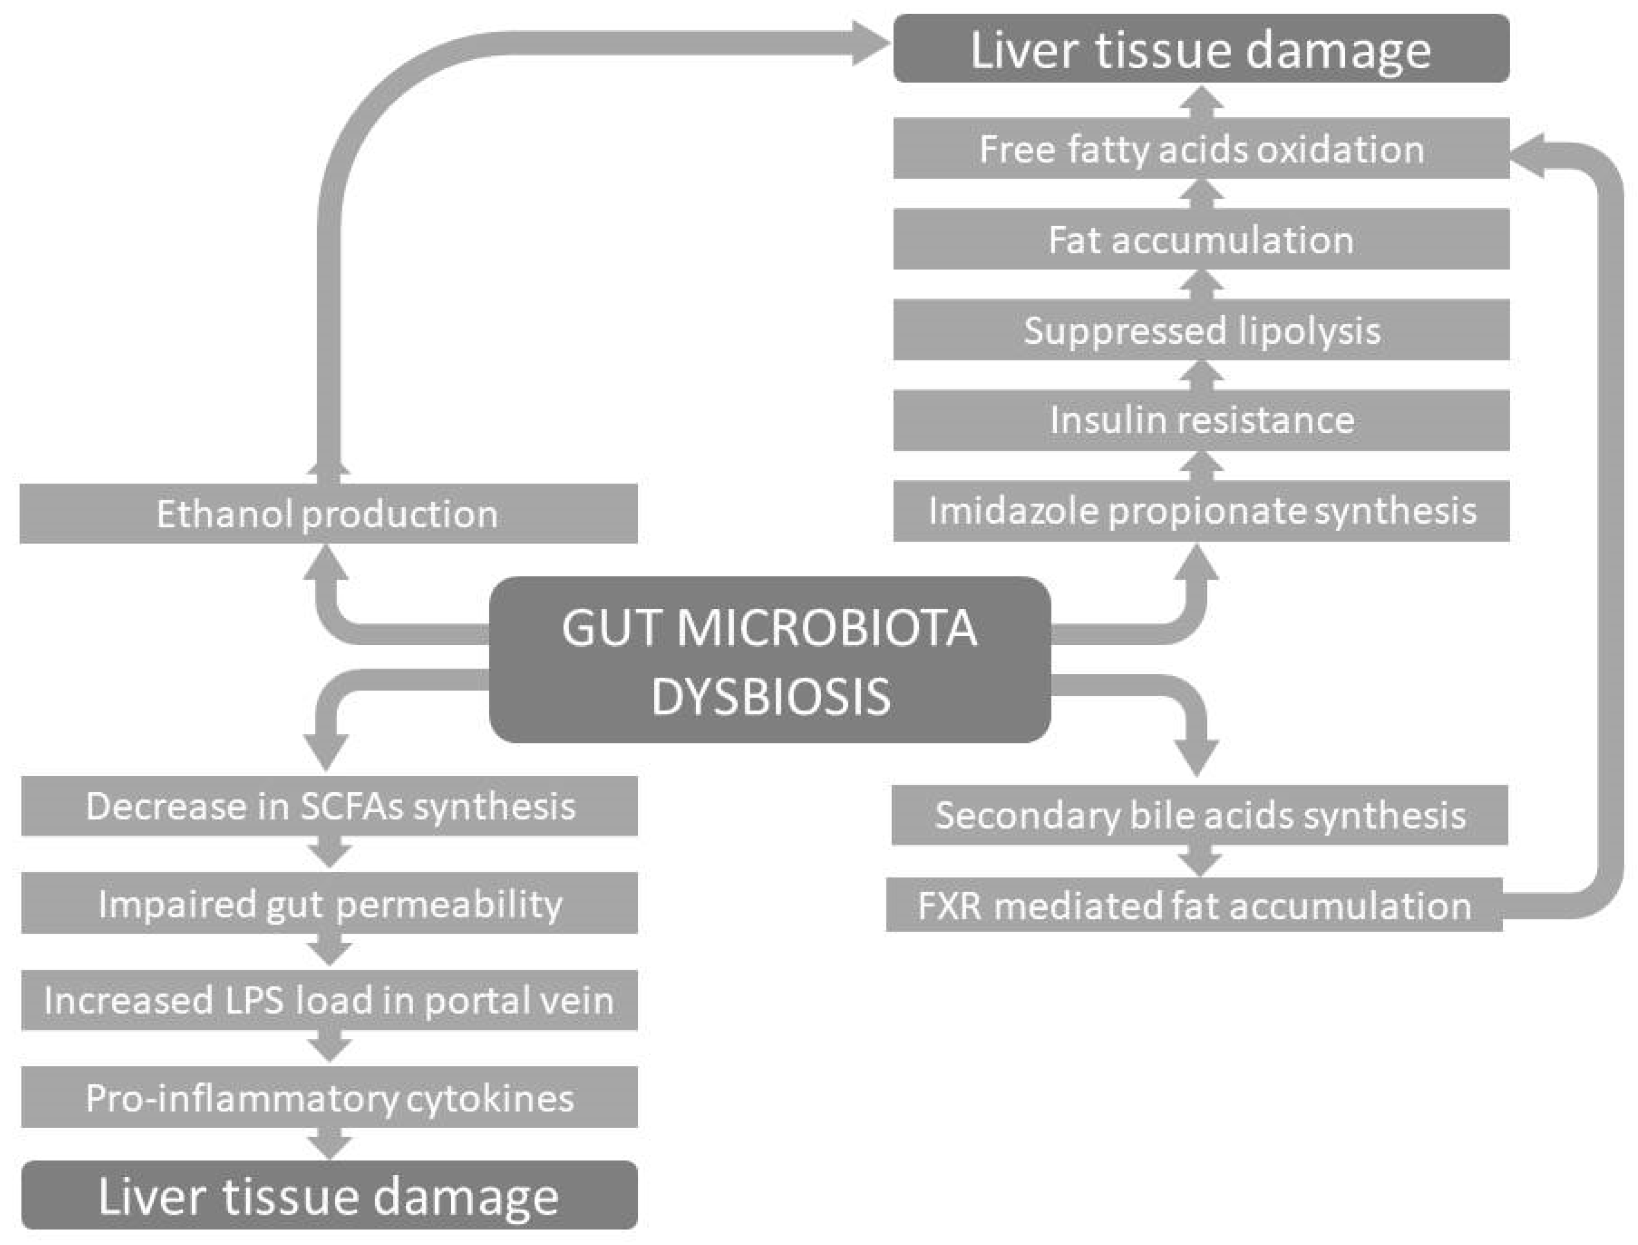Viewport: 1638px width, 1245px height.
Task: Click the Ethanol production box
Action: click(328, 514)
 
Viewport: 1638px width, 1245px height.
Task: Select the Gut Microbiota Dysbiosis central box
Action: click(770, 659)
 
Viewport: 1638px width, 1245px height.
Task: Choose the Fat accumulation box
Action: click(1201, 239)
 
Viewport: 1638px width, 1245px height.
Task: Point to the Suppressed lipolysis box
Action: click(1201, 330)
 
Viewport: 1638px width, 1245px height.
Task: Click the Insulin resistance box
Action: click(1201, 420)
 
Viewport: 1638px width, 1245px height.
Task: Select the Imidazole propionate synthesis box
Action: click(1201, 510)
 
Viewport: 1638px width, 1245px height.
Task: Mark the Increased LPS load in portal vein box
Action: click(329, 1000)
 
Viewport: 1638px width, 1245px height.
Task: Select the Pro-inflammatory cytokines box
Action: click(329, 1097)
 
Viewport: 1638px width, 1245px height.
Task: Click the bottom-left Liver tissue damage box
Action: click(329, 1195)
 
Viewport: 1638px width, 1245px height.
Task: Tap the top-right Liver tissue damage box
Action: click(1201, 49)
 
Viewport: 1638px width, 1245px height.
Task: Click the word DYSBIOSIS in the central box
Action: click(770, 696)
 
